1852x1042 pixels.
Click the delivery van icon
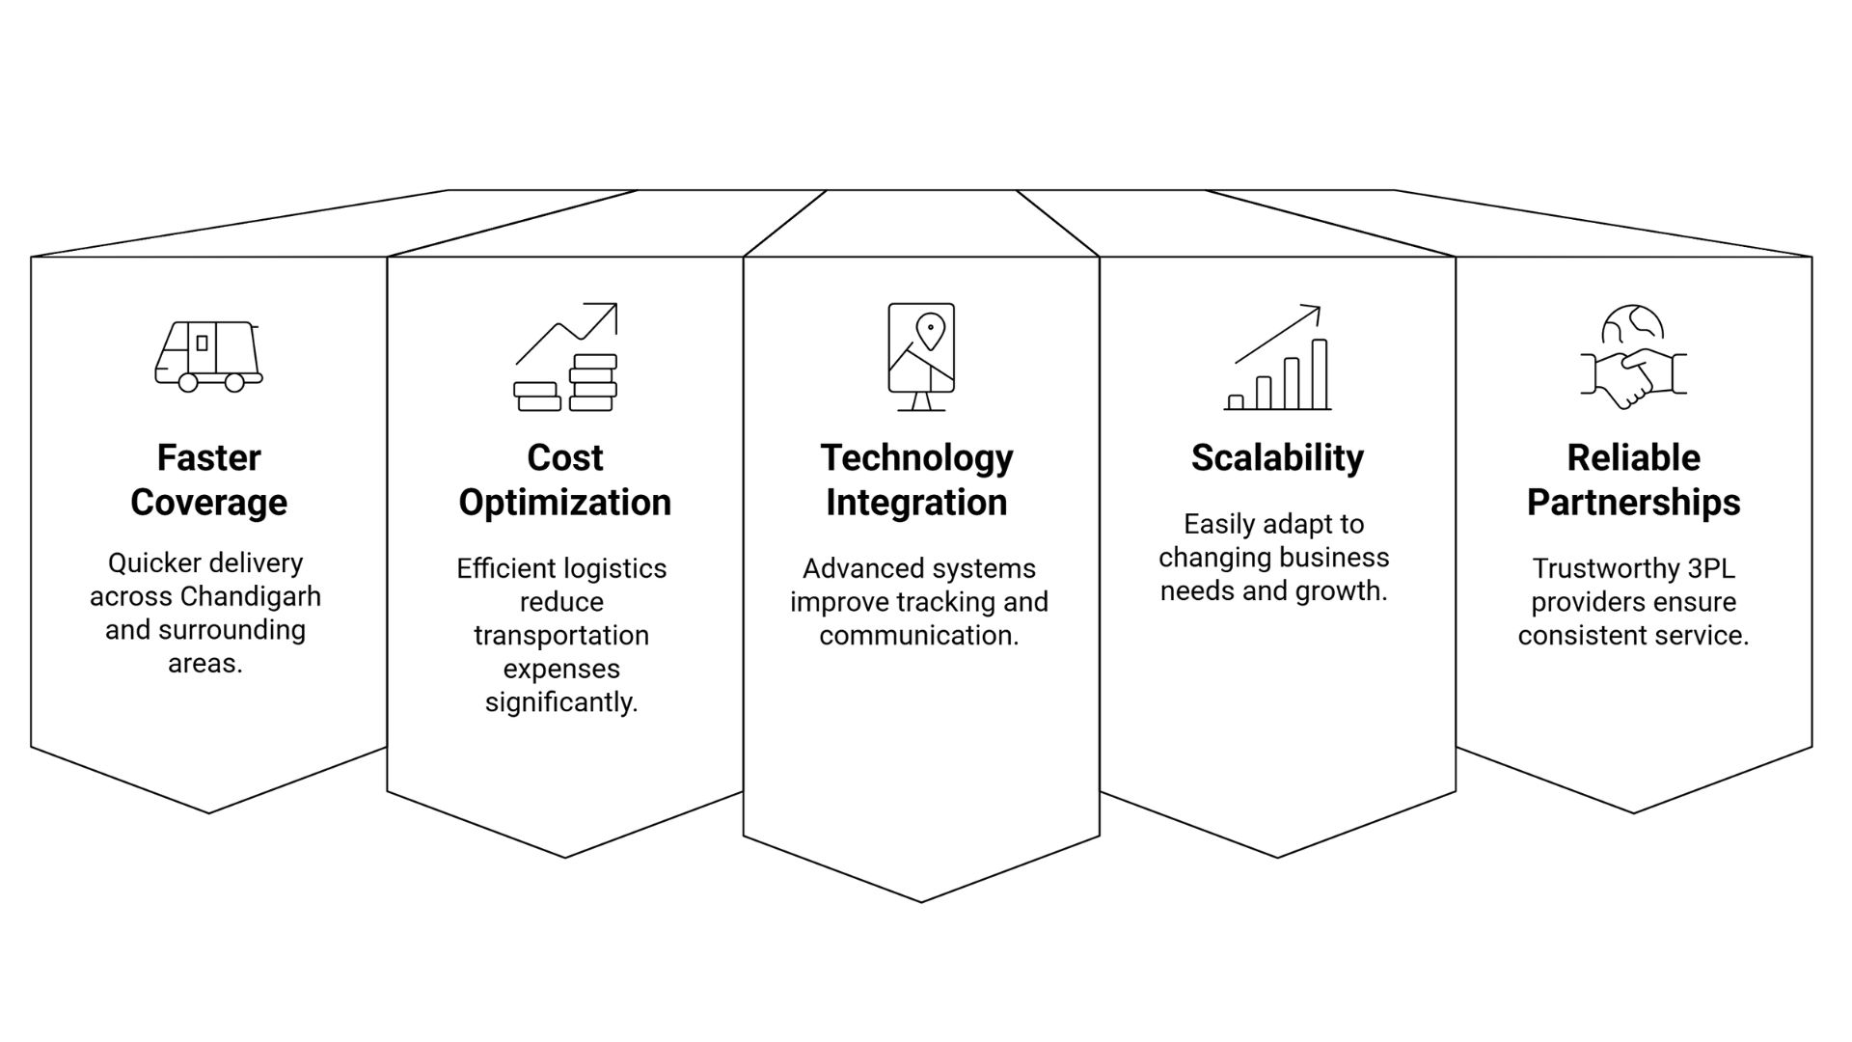(208, 356)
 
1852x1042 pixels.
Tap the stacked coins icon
(565, 383)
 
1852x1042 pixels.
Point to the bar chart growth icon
(1277, 359)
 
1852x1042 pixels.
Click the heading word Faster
(208, 457)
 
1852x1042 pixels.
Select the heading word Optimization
(565, 503)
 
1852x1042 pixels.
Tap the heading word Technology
(916, 457)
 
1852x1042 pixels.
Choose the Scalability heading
(1277, 457)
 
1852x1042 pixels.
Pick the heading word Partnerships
(1633, 503)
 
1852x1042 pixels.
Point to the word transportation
(561, 636)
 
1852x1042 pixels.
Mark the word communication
(918, 636)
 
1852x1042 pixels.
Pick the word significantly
(561, 702)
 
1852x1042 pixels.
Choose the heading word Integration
(916, 503)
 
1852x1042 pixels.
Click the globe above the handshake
(1633, 325)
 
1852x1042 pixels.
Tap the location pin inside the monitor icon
(930, 331)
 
